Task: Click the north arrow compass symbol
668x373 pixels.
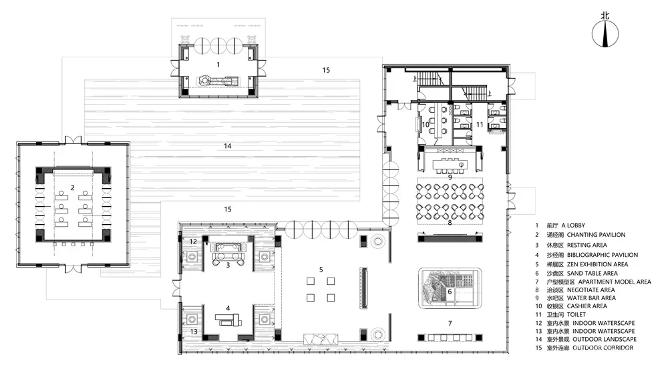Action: pos(605,33)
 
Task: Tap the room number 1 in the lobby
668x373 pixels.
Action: pos(218,65)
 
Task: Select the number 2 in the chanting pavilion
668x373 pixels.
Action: pos(73,188)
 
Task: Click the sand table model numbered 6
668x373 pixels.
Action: pos(450,288)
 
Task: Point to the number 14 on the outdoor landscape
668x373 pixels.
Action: pos(228,146)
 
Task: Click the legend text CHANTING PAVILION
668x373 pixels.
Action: pos(596,235)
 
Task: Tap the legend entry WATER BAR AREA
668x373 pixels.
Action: pos(591,298)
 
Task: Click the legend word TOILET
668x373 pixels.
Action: pos(576,315)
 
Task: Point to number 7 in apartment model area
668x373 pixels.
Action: pos(450,324)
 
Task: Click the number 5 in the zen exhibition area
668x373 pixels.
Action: pos(321,270)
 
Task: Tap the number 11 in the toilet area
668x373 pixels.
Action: pos(480,125)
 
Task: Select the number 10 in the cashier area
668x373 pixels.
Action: pos(426,125)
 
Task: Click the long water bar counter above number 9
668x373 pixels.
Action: pos(450,164)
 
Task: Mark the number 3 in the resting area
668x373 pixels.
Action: pos(228,266)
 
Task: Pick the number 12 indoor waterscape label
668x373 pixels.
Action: pos(193,242)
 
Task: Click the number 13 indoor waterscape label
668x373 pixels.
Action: pos(194,332)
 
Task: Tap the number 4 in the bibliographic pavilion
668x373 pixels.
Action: pos(228,308)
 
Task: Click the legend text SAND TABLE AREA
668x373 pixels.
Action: pos(592,274)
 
